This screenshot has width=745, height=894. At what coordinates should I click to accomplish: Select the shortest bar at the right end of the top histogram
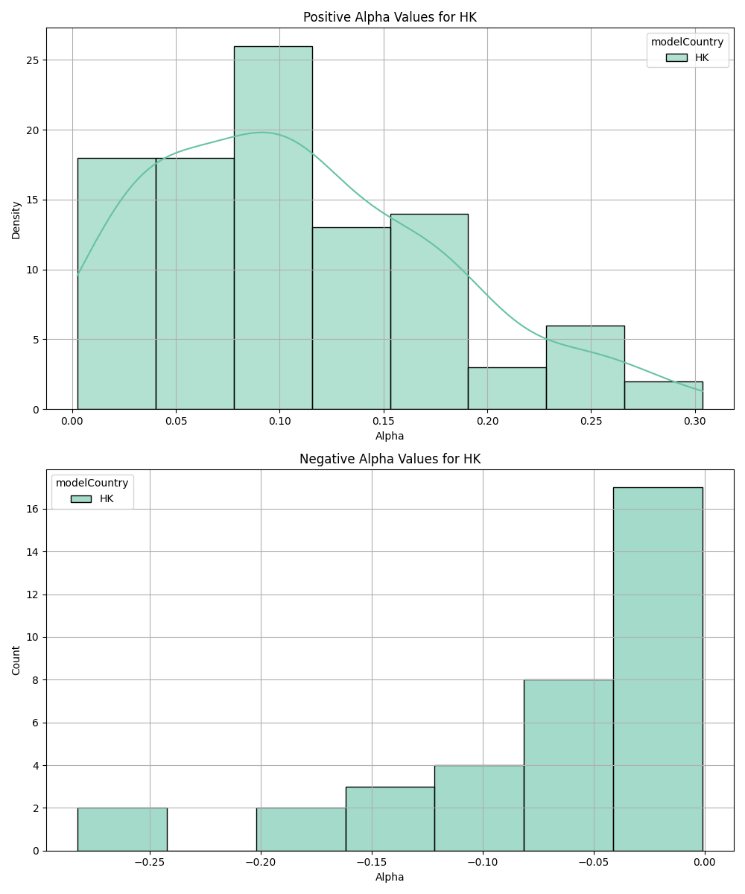click(x=663, y=396)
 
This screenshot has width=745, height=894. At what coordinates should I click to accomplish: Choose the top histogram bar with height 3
click(x=507, y=388)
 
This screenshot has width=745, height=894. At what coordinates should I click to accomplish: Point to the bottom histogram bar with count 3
click(x=390, y=819)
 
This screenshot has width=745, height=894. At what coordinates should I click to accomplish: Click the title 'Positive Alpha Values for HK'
click(x=390, y=17)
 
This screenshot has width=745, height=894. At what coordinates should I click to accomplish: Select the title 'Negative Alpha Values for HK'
click(x=390, y=459)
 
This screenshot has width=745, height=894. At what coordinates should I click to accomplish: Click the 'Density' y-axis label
click(x=16, y=219)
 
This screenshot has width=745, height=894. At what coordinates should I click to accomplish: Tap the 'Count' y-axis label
click(x=16, y=660)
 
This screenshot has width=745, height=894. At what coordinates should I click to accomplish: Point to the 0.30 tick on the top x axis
click(x=694, y=421)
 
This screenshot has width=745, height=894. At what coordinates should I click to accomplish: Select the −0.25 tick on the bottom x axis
click(x=150, y=863)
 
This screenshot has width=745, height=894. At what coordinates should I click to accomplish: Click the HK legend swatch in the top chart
click(x=676, y=57)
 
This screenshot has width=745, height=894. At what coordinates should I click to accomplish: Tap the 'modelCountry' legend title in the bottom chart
click(x=92, y=483)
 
